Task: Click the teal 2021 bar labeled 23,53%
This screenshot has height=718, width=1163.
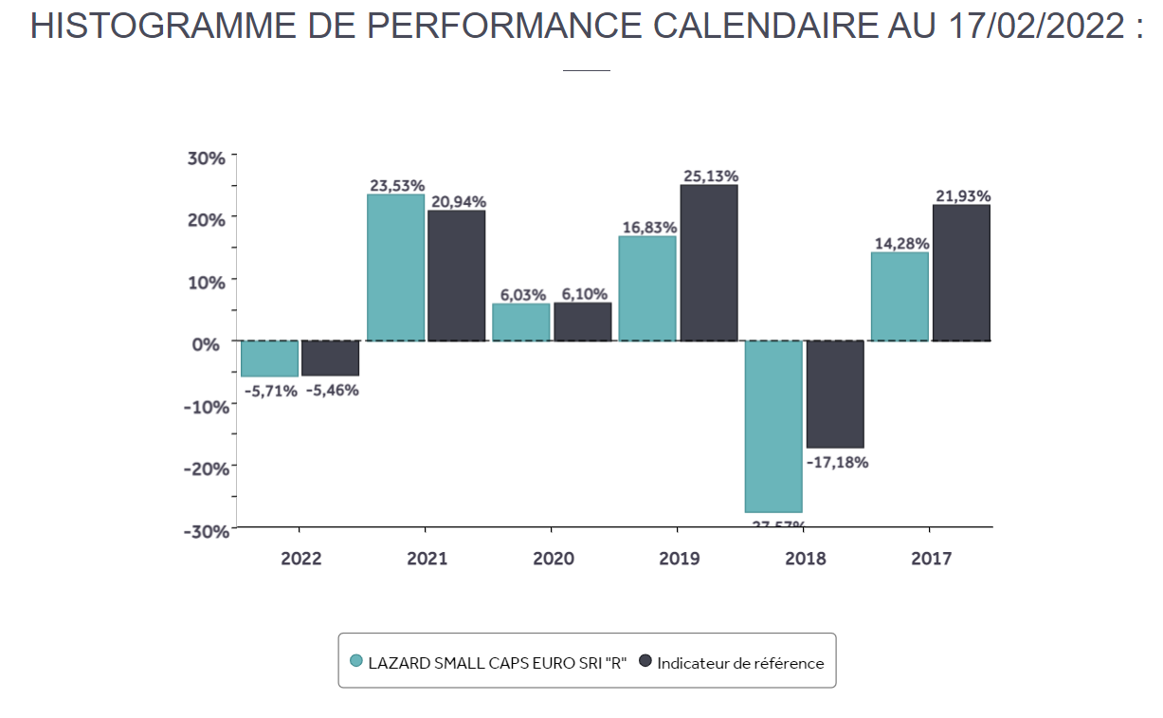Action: (x=395, y=267)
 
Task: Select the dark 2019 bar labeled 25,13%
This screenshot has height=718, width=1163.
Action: (x=709, y=263)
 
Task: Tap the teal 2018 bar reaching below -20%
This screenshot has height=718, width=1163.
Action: (x=773, y=426)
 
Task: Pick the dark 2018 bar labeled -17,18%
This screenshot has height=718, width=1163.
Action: (x=835, y=394)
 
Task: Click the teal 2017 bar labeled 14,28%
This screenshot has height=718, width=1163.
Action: (x=900, y=296)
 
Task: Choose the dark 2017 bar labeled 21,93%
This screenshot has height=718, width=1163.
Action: (x=961, y=273)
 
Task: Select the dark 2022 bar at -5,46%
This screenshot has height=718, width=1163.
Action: (x=330, y=358)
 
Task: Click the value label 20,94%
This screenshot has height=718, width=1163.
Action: (x=457, y=201)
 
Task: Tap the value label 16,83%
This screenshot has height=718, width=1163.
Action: (x=648, y=228)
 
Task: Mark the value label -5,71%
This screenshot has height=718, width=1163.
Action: (x=270, y=390)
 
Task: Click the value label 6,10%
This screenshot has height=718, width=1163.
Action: (x=583, y=294)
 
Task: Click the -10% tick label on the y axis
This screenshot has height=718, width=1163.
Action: (x=205, y=406)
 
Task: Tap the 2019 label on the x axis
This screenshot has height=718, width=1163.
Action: (x=679, y=558)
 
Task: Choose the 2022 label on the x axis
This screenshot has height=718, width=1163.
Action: (x=300, y=558)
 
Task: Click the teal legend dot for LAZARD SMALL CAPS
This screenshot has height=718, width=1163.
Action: (x=356, y=661)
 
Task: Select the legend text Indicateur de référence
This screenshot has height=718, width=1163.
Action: (x=740, y=663)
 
